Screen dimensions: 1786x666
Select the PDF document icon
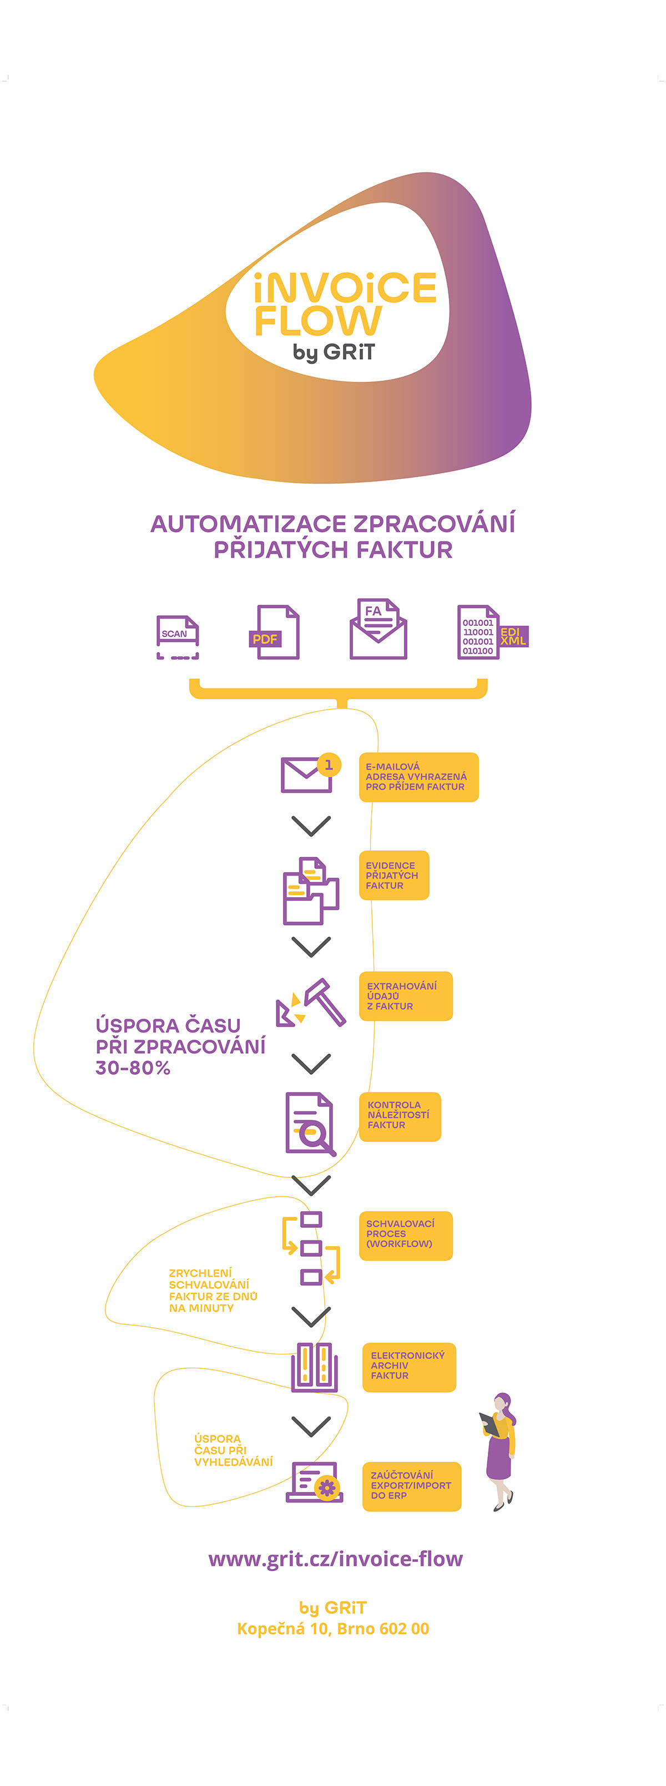[x=275, y=633]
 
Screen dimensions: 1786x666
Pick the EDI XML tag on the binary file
[x=513, y=636]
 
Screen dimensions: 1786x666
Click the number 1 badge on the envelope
[x=329, y=765]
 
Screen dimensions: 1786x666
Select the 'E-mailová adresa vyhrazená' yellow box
[x=418, y=777]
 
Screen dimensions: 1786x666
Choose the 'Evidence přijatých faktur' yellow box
[x=393, y=875]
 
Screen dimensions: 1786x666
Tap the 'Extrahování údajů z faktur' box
[x=405, y=995]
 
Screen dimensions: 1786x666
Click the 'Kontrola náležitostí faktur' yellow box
[x=400, y=1116]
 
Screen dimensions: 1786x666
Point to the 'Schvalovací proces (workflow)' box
[x=405, y=1235]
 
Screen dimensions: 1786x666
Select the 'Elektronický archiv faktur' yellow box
[x=408, y=1367]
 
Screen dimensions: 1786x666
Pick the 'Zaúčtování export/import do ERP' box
[x=411, y=1486]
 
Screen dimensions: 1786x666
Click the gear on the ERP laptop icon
[x=327, y=1487]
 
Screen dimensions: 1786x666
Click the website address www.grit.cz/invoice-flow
[x=335, y=1559]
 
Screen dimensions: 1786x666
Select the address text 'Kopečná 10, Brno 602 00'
[x=333, y=1628]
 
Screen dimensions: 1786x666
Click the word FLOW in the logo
[x=317, y=321]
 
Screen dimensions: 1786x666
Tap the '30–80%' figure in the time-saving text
[x=133, y=1067]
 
